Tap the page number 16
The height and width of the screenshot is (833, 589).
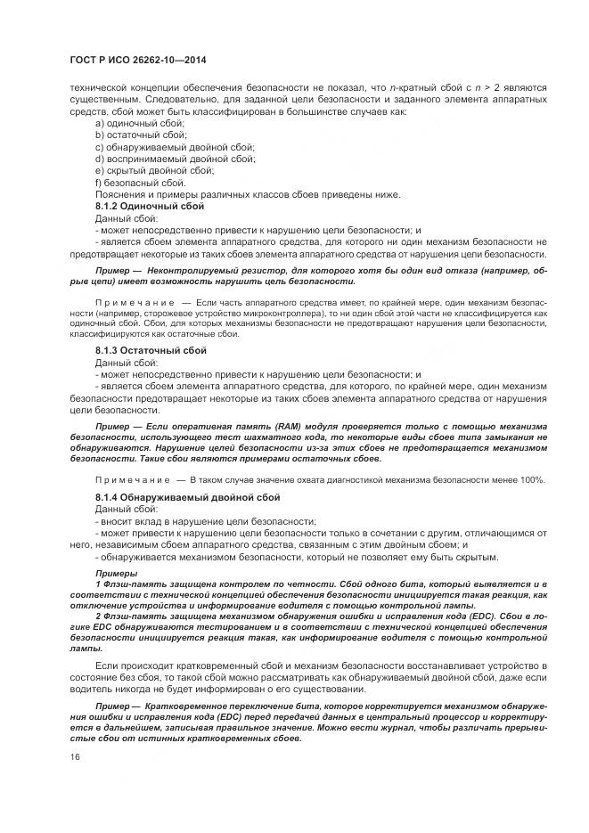pos(75,755)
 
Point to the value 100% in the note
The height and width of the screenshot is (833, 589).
pos(530,480)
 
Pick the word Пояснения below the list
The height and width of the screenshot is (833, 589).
pos(122,194)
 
